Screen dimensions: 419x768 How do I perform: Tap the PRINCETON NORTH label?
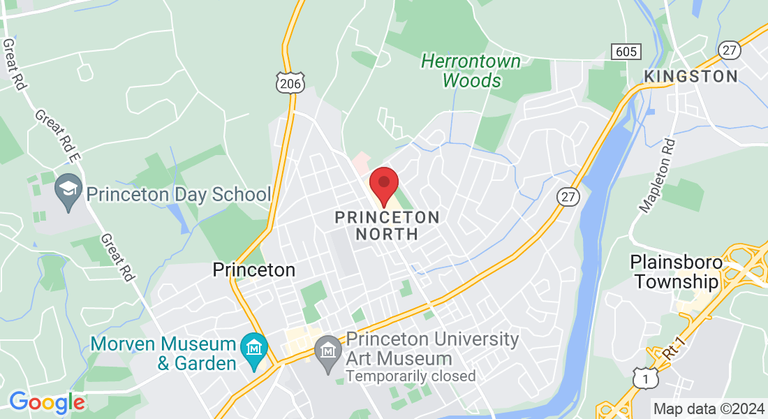(x=387, y=226)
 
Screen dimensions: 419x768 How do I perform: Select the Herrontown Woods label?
(x=471, y=71)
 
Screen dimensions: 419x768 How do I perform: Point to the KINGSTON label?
(x=691, y=76)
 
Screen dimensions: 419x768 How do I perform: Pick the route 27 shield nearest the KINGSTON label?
(x=730, y=50)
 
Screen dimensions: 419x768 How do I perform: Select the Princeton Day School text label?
(x=179, y=195)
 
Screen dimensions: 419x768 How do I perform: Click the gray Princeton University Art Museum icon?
(x=327, y=348)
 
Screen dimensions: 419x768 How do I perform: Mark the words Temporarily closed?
(x=411, y=376)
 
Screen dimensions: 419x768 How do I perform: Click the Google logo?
(x=47, y=402)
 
